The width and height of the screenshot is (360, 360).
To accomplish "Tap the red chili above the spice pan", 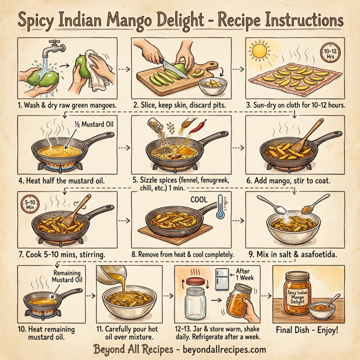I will (202, 128).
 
